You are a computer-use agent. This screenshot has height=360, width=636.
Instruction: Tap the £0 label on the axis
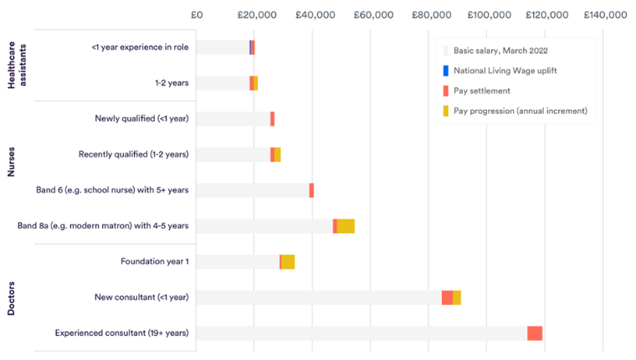click(x=197, y=15)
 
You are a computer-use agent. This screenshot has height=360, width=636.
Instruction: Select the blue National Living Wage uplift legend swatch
click(x=446, y=70)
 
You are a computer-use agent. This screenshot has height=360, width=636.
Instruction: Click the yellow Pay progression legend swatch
click(x=446, y=111)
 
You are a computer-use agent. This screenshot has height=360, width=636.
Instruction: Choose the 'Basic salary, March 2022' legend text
click(x=500, y=50)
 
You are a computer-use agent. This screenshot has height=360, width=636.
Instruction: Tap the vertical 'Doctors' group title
click(x=12, y=298)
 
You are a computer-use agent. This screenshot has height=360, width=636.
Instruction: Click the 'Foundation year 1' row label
click(x=154, y=262)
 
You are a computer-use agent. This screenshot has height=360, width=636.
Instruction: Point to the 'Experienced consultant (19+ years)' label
click(x=122, y=333)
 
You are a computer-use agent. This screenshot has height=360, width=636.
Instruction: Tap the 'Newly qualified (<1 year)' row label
click(x=141, y=119)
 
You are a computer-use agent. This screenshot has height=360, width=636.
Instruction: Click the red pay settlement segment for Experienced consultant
click(x=535, y=333)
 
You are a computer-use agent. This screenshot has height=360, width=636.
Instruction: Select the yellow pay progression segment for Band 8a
click(x=346, y=226)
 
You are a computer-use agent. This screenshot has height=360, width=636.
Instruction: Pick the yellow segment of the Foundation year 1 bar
click(x=288, y=262)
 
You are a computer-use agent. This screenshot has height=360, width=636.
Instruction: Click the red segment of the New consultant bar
click(x=447, y=298)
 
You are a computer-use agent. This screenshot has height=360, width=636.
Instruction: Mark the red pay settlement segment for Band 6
click(x=311, y=190)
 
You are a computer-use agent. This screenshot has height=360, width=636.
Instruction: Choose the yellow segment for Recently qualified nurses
click(x=277, y=155)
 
